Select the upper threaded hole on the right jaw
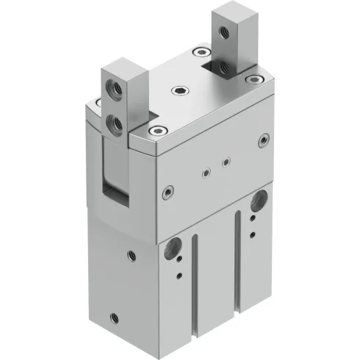pos(221,31)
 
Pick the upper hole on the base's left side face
pos(131,255)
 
